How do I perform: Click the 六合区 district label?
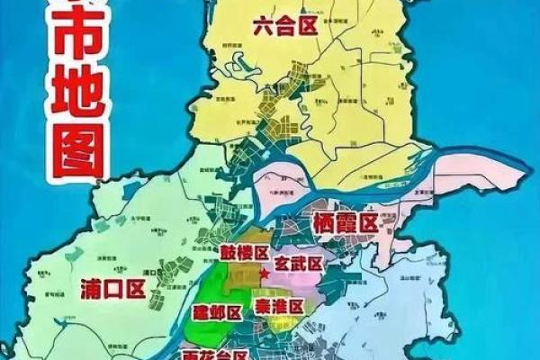pyautogui.click(x=285, y=28)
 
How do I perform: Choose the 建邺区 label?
pyautogui.click(x=216, y=312)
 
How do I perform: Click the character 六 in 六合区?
pyautogui.click(x=265, y=28)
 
